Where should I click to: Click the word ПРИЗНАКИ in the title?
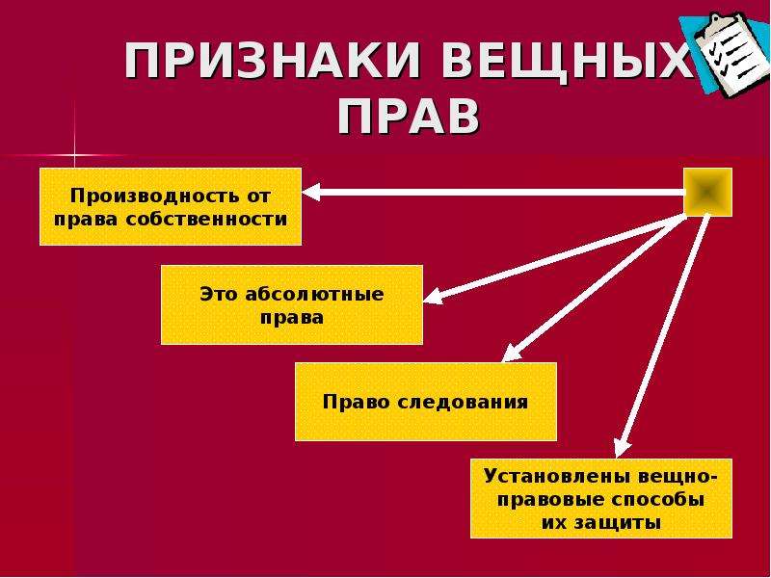tap(272, 61)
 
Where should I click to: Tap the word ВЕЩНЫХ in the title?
tap(563, 61)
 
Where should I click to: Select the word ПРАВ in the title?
tap(408, 117)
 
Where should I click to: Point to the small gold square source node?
tap(708, 192)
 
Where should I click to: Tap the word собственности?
tap(206, 219)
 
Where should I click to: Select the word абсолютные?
tap(314, 294)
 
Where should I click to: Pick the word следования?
tap(463, 402)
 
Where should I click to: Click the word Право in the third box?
tap(356, 402)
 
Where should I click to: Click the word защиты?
tap(624, 522)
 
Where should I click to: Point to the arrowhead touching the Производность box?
tap(311, 192)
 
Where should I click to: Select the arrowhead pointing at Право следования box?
tap(512, 354)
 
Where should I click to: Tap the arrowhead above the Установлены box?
tap(623, 448)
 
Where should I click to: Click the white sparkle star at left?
tap(75, 156)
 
